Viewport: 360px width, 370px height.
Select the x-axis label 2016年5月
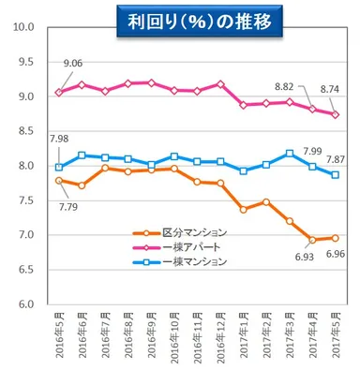[60, 335]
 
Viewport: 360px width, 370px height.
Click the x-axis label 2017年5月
[336, 335]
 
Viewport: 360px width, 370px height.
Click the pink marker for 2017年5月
[336, 114]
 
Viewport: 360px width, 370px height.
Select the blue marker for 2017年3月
[290, 153]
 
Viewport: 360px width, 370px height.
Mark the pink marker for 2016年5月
[60, 93]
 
